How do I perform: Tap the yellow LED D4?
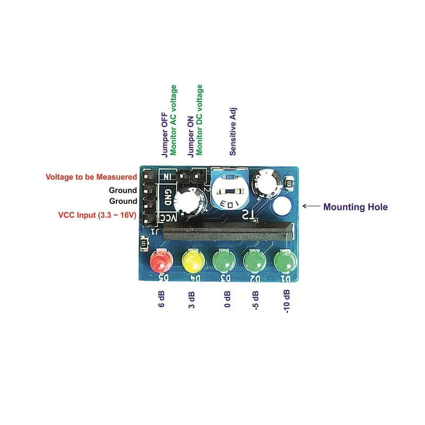click(192, 261)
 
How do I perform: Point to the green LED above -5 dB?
click(254, 261)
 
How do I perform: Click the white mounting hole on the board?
click(282, 207)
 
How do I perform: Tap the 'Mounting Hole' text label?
click(355, 207)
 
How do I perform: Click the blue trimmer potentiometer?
click(229, 190)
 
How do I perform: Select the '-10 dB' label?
click(287, 301)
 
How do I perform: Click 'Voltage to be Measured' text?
click(91, 177)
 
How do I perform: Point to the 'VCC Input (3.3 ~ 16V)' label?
click(98, 215)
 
